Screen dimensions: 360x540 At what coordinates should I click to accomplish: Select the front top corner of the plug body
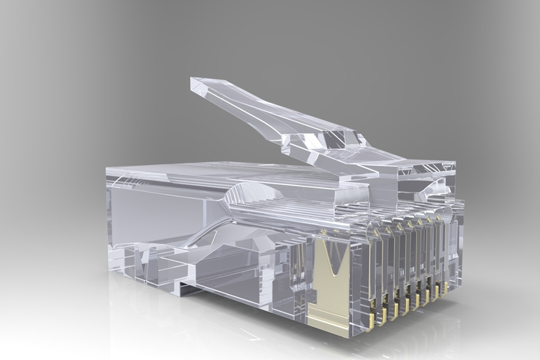point(456,164)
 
